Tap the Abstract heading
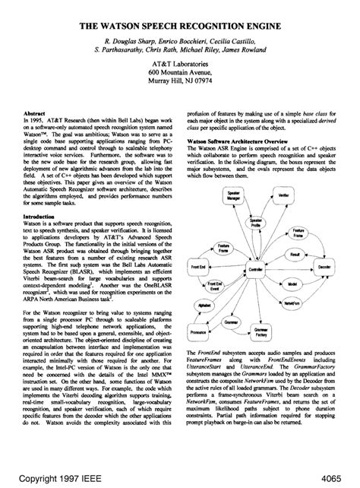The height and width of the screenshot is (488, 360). [x=36, y=112]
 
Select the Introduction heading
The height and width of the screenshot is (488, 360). [x=42, y=216]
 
